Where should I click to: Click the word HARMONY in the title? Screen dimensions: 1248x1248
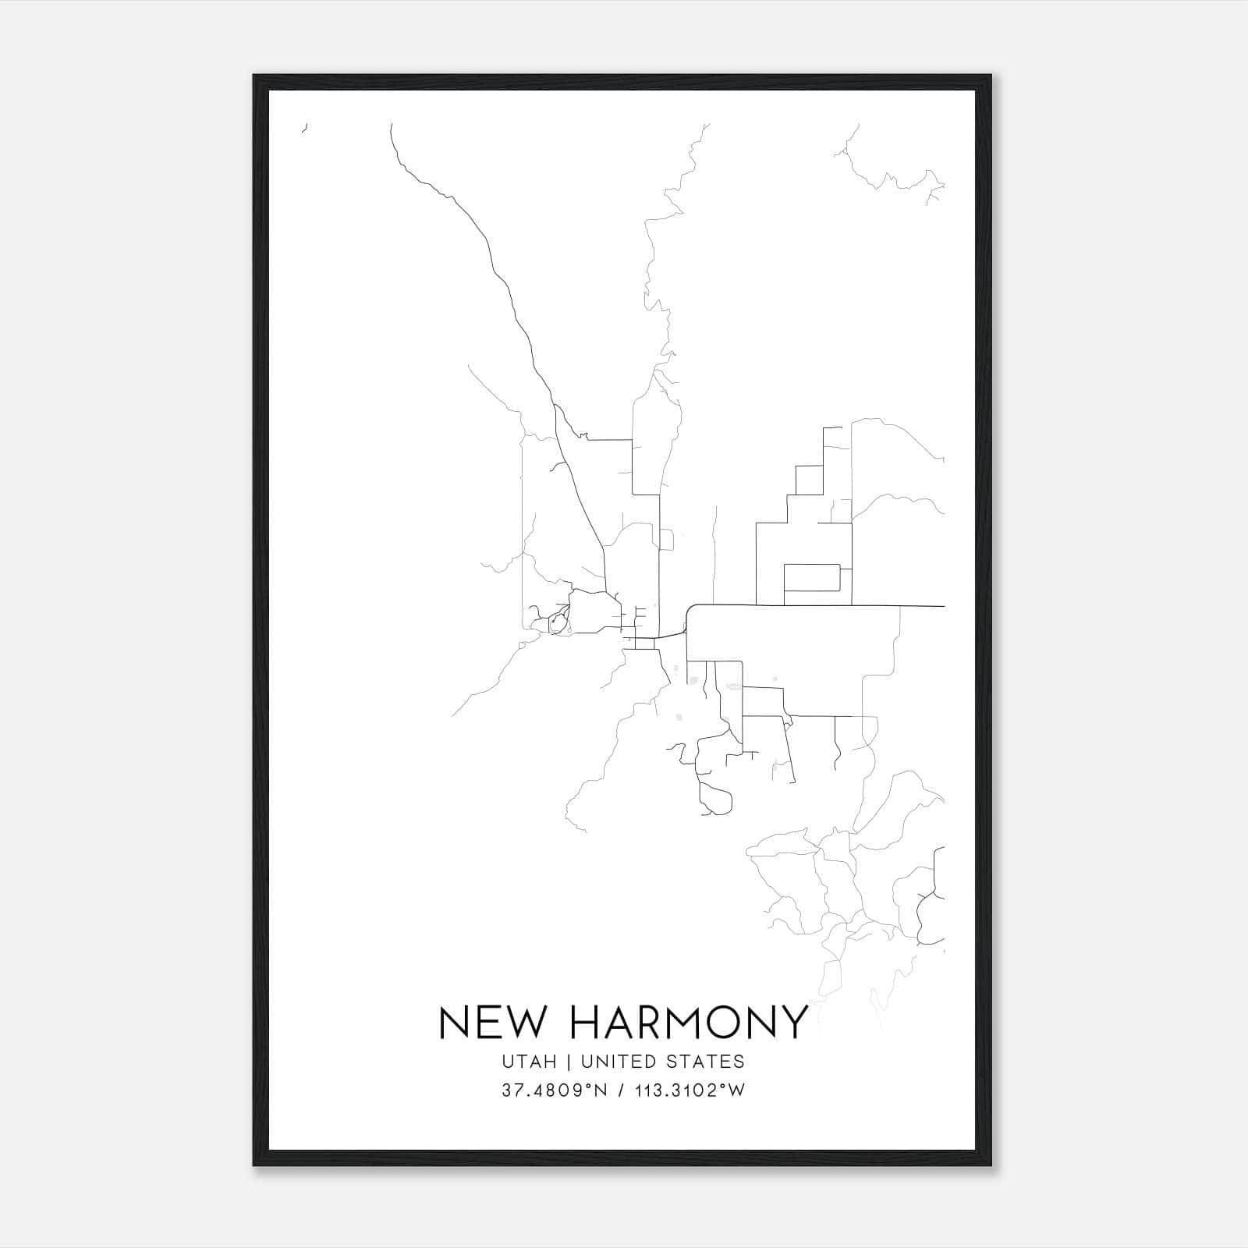click(689, 1022)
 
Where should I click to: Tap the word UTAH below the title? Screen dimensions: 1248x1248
click(530, 1062)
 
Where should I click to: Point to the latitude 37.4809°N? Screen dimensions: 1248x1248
click(555, 1090)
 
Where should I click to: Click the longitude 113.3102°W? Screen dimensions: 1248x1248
click(689, 1090)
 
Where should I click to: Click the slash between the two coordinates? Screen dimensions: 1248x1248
click(621, 1090)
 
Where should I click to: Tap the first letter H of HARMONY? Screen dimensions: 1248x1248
click(584, 1022)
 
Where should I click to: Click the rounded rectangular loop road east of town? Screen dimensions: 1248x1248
click(812, 577)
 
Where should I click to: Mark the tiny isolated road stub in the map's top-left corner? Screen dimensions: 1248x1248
click(305, 127)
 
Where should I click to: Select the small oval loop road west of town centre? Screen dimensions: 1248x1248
click(558, 622)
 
